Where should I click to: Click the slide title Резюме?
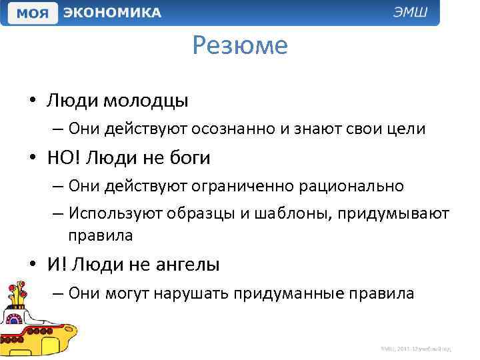tap(240, 45)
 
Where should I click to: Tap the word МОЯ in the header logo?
tap(32, 13)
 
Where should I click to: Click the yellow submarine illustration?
tap(37, 320)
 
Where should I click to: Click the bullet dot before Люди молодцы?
tap(32, 101)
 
